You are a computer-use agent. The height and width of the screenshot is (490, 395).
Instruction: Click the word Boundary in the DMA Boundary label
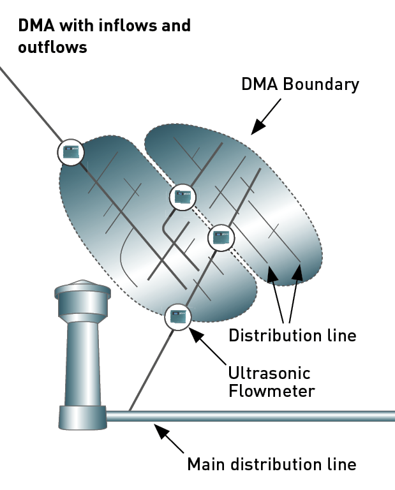[321, 85]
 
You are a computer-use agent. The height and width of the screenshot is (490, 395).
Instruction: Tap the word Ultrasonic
[269, 373]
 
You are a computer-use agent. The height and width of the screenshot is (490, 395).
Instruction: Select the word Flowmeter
[272, 391]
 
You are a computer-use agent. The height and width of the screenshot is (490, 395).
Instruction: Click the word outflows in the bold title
[52, 47]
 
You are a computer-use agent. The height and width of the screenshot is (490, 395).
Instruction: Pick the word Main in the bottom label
[206, 464]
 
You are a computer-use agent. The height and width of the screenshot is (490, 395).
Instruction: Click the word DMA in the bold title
[36, 26]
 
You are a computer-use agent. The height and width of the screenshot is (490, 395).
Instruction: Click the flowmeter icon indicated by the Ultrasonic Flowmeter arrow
[178, 317]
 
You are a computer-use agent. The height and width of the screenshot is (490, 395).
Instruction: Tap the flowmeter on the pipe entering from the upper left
[71, 152]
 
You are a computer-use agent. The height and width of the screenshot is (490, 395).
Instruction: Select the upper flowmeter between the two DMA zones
[183, 197]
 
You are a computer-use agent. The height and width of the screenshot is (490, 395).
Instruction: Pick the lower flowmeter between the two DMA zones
[221, 238]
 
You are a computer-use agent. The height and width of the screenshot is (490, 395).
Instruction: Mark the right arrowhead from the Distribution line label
[297, 272]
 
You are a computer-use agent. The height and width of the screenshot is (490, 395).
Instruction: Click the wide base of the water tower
[83, 417]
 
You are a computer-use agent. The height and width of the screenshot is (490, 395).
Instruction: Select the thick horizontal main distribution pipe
[251, 416]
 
